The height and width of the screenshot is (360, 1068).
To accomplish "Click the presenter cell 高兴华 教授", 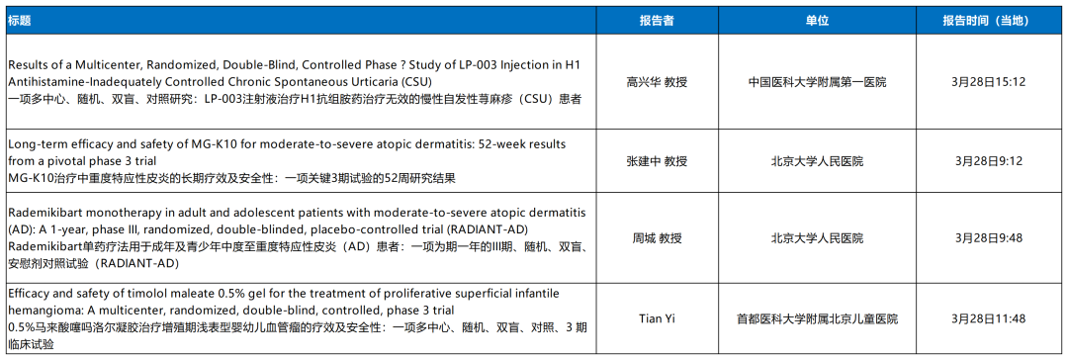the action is (x=658, y=82).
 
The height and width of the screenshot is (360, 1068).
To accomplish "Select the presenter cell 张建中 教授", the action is (x=658, y=161).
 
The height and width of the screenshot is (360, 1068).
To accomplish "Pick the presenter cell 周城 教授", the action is (x=658, y=238).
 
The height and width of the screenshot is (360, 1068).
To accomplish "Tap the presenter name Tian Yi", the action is (x=658, y=318).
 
